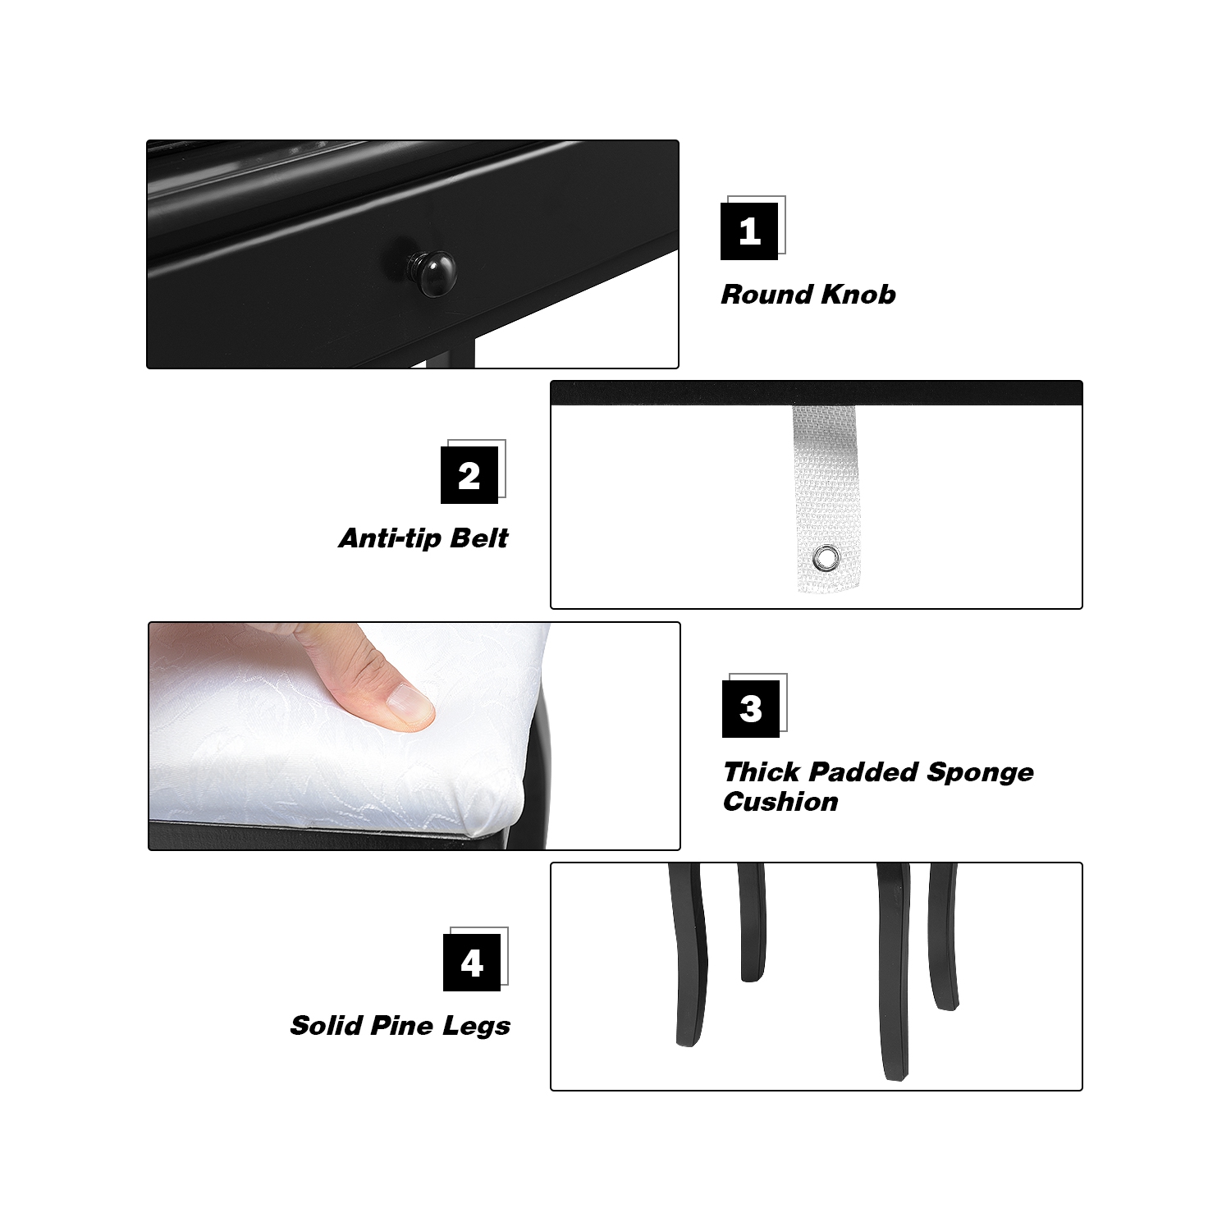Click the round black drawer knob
tap(432, 272)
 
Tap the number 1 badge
tap(749, 231)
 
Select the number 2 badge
tap(469, 475)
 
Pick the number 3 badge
tap(751, 709)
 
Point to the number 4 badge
tap(472, 963)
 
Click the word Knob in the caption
tap(858, 295)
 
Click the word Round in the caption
tap(767, 295)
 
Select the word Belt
tap(480, 538)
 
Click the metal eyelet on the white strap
tap(826, 559)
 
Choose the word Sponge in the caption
tap(980, 772)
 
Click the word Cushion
tap(780, 802)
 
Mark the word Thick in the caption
tap(762, 772)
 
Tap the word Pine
tap(401, 1026)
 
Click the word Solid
tap(326, 1026)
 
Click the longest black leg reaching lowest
tap(894, 977)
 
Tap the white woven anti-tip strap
tap(826, 476)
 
